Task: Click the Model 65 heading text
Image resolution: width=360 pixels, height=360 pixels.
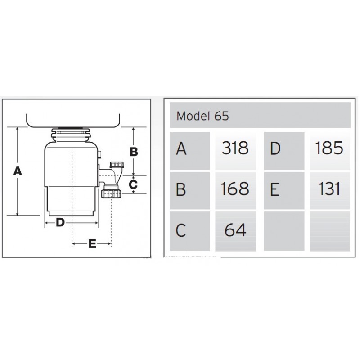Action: coord(202,116)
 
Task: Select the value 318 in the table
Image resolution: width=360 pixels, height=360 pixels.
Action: coord(235,148)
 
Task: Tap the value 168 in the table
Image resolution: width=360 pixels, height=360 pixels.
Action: coord(235,189)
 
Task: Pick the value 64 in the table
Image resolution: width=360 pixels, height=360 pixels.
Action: coord(235,230)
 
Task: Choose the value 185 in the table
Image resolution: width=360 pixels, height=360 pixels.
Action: coord(329,148)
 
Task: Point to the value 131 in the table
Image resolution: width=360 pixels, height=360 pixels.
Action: coord(329,189)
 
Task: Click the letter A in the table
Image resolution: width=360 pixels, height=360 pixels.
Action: coord(181,148)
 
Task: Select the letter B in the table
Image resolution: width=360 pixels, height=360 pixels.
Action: coord(181,189)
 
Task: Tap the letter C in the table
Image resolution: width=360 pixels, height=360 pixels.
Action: coord(181,230)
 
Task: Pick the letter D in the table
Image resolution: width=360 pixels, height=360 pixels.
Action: coord(275,148)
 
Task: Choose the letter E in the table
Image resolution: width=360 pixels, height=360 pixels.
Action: coord(275,189)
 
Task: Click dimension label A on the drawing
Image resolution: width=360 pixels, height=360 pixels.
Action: coord(18,171)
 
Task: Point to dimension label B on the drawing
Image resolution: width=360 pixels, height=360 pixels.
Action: coord(134,152)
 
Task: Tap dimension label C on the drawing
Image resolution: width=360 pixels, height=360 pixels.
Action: coord(133,184)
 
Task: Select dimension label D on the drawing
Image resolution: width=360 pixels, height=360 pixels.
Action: coord(60,222)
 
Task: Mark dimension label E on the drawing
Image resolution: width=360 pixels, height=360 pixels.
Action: coord(92,243)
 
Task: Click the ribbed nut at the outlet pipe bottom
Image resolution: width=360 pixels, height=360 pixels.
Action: coord(111,194)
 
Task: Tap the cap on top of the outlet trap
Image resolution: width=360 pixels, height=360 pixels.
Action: coord(117,165)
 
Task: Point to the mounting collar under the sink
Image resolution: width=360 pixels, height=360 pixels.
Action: coord(71,135)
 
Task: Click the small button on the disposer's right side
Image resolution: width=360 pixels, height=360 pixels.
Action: coord(99,154)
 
